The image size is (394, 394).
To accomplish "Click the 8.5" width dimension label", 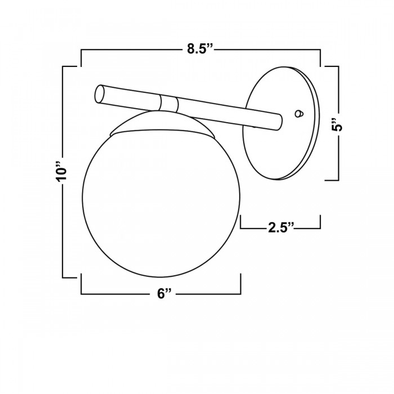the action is tap(200, 49).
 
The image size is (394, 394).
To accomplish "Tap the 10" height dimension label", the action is tap(61, 171).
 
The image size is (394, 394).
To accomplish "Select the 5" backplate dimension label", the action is tap(336, 124).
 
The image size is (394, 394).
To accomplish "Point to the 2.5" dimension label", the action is tap(281, 227).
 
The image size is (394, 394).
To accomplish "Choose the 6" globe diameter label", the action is tap(164, 293).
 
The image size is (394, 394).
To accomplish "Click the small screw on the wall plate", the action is tap(299, 114).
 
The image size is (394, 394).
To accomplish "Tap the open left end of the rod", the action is tap(99, 94).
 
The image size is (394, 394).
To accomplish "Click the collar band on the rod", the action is tap(169, 103).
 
